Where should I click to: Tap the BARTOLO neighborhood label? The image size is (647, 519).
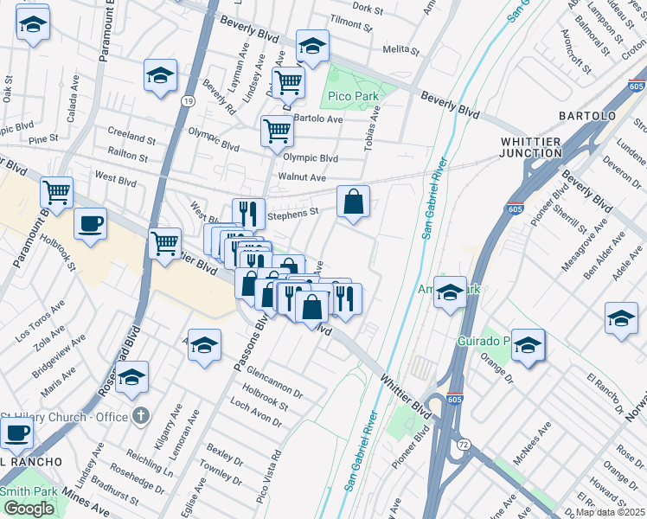pyautogui.click(x=586, y=115)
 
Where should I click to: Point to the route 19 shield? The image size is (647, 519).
pyautogui.click(x=188, y=101)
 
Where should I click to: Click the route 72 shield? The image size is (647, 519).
pyautogui.click(x=464, y=443)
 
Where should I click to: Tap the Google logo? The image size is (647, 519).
pyautogui.click(x=29, y=509)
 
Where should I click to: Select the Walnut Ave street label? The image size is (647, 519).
pyautogui.click(x=301, y=177)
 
